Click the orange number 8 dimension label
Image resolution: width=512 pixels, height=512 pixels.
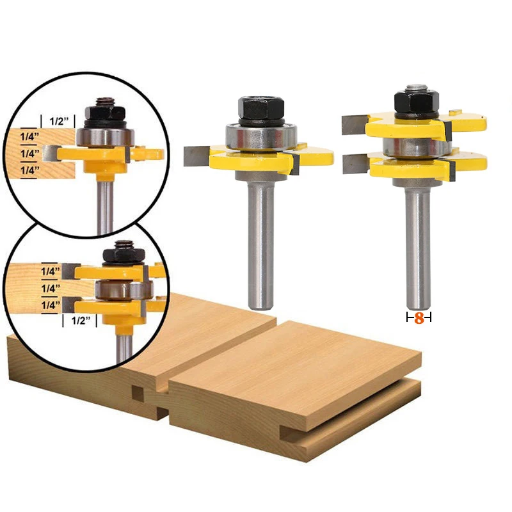point(419,318)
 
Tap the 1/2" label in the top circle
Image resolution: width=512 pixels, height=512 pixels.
point(59,121)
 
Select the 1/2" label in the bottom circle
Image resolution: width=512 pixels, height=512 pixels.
point(81,321)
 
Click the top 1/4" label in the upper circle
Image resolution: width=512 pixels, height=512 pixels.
point(29,136)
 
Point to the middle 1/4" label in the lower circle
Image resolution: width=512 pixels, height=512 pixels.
point(51,289)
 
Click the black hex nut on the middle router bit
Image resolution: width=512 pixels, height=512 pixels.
point(261,108)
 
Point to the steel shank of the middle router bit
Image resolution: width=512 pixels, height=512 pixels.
point(260,245)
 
